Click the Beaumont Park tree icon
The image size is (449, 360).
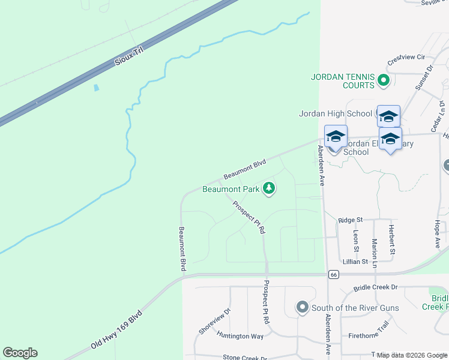click(270, 189)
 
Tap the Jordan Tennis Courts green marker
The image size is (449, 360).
click(383, 80)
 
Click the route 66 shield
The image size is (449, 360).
click(334, 274)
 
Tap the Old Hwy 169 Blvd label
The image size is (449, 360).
click(116, 331)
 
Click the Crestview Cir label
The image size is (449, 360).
click(406, 58)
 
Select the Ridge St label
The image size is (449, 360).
click(351, 221)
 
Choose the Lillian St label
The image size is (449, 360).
click(355, 262)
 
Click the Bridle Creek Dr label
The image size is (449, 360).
click(376, 288)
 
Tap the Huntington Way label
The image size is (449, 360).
click(240, 336)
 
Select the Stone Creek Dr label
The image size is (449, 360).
click(245, 357)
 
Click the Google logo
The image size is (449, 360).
click(20, 353)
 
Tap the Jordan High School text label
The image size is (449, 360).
click(336, 113)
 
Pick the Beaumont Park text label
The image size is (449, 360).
click(231, 190)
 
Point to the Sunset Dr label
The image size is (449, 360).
click(423, 79)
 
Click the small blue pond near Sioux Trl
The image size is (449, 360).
click(96, 88)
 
